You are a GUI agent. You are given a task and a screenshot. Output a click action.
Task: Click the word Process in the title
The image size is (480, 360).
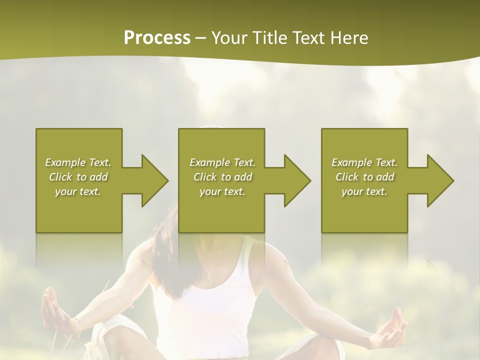[157, 37]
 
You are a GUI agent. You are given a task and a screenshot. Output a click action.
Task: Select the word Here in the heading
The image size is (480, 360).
[349, 37]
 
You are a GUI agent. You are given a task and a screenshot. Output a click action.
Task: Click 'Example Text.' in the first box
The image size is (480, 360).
[78, 162]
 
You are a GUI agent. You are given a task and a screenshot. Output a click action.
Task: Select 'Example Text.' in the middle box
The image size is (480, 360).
[222, 162]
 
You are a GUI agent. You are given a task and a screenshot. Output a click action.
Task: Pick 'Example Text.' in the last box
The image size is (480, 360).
[364, 162]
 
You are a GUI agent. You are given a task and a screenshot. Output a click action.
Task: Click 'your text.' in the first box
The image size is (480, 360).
[78, 191]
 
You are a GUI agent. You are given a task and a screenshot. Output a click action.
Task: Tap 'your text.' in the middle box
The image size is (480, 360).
[222, 191]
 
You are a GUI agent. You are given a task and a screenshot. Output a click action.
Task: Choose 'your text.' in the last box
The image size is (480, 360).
[364, 191]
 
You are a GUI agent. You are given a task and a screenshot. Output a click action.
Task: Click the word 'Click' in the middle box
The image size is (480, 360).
[205, 177]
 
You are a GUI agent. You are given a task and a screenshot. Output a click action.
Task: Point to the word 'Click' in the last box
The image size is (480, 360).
[347, 177]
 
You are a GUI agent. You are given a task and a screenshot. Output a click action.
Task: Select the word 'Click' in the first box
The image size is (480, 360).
[60, 177]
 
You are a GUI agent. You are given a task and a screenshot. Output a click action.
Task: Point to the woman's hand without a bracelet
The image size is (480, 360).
[392, 330]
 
